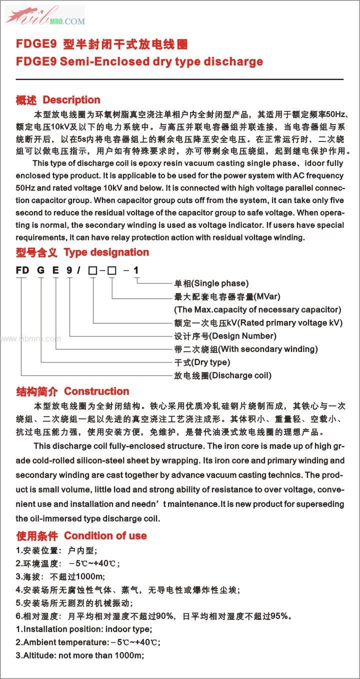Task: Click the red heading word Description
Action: pyautogui.click(x=71, y=100)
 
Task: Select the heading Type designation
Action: pyautogui.click(x=106, y=252)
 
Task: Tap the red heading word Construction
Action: pyautogui.click(x=96, y=391)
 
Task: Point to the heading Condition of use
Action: pyautogui.click(x=105, y=536)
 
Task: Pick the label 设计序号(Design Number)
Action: pyautogui.click(x=224, y=336)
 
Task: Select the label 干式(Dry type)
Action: pyautogui.click(x=201, y=362)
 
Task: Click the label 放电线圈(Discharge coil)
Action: pyautogui.click(x=222, y=375)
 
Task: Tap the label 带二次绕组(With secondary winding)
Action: pyautogui.click(x=245, y=349)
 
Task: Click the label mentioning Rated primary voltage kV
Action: pyautogui.click(x=258, y=322)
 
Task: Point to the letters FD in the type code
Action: pyautogui.click(x=22, y=270)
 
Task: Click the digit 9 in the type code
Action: pyautogui.click(x=70, y=270)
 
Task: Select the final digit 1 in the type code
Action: pyautogui.click(x=136, y=270)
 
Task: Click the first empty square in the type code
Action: pyautogui.click(x=92, y=271)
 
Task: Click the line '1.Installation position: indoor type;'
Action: pyautogui.click(x=83, y=629)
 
